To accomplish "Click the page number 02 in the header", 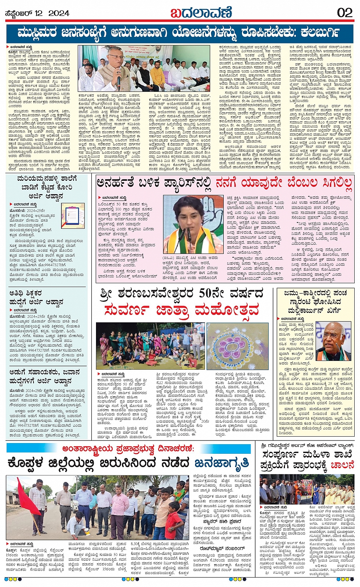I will click(x=344, y=13).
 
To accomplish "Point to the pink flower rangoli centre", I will click(x=232, y=348).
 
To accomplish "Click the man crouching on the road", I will click(x=78, y=523).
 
